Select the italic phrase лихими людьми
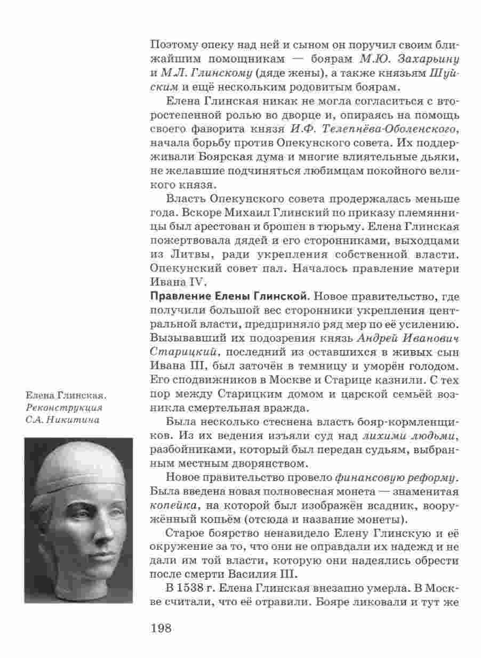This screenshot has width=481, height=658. point(407,437)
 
